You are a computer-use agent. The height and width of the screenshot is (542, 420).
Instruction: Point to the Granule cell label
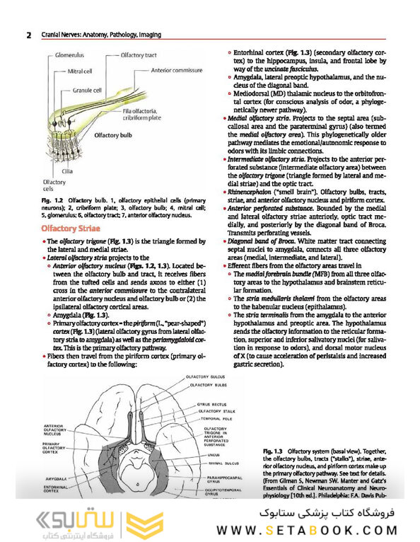pyautogui.click(x=87, y=91)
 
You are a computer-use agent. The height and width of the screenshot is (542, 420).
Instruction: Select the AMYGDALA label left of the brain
pyautogui.click(x=56, y=479)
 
